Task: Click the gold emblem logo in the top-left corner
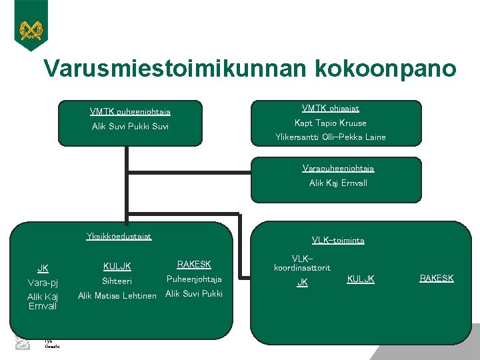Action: [x=31, y=29]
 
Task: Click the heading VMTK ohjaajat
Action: [x=331, y=108]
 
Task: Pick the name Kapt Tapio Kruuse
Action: [x=331, y=123]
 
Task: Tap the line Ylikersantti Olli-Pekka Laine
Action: [x=331, y=137]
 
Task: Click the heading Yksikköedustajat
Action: [x=119, y=236]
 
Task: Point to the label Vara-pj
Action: [x=43, y=283]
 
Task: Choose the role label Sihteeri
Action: [x=117, y=281]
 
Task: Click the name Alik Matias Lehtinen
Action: [x=117, y=296]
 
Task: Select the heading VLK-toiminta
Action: [x=337, y=241]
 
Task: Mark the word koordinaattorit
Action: [x=302, y=267]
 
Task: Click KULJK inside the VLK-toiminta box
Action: [x=361, y=279]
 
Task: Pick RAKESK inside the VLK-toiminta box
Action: [x=436, y=278]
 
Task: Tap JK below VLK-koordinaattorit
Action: [x=302, y=283]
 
